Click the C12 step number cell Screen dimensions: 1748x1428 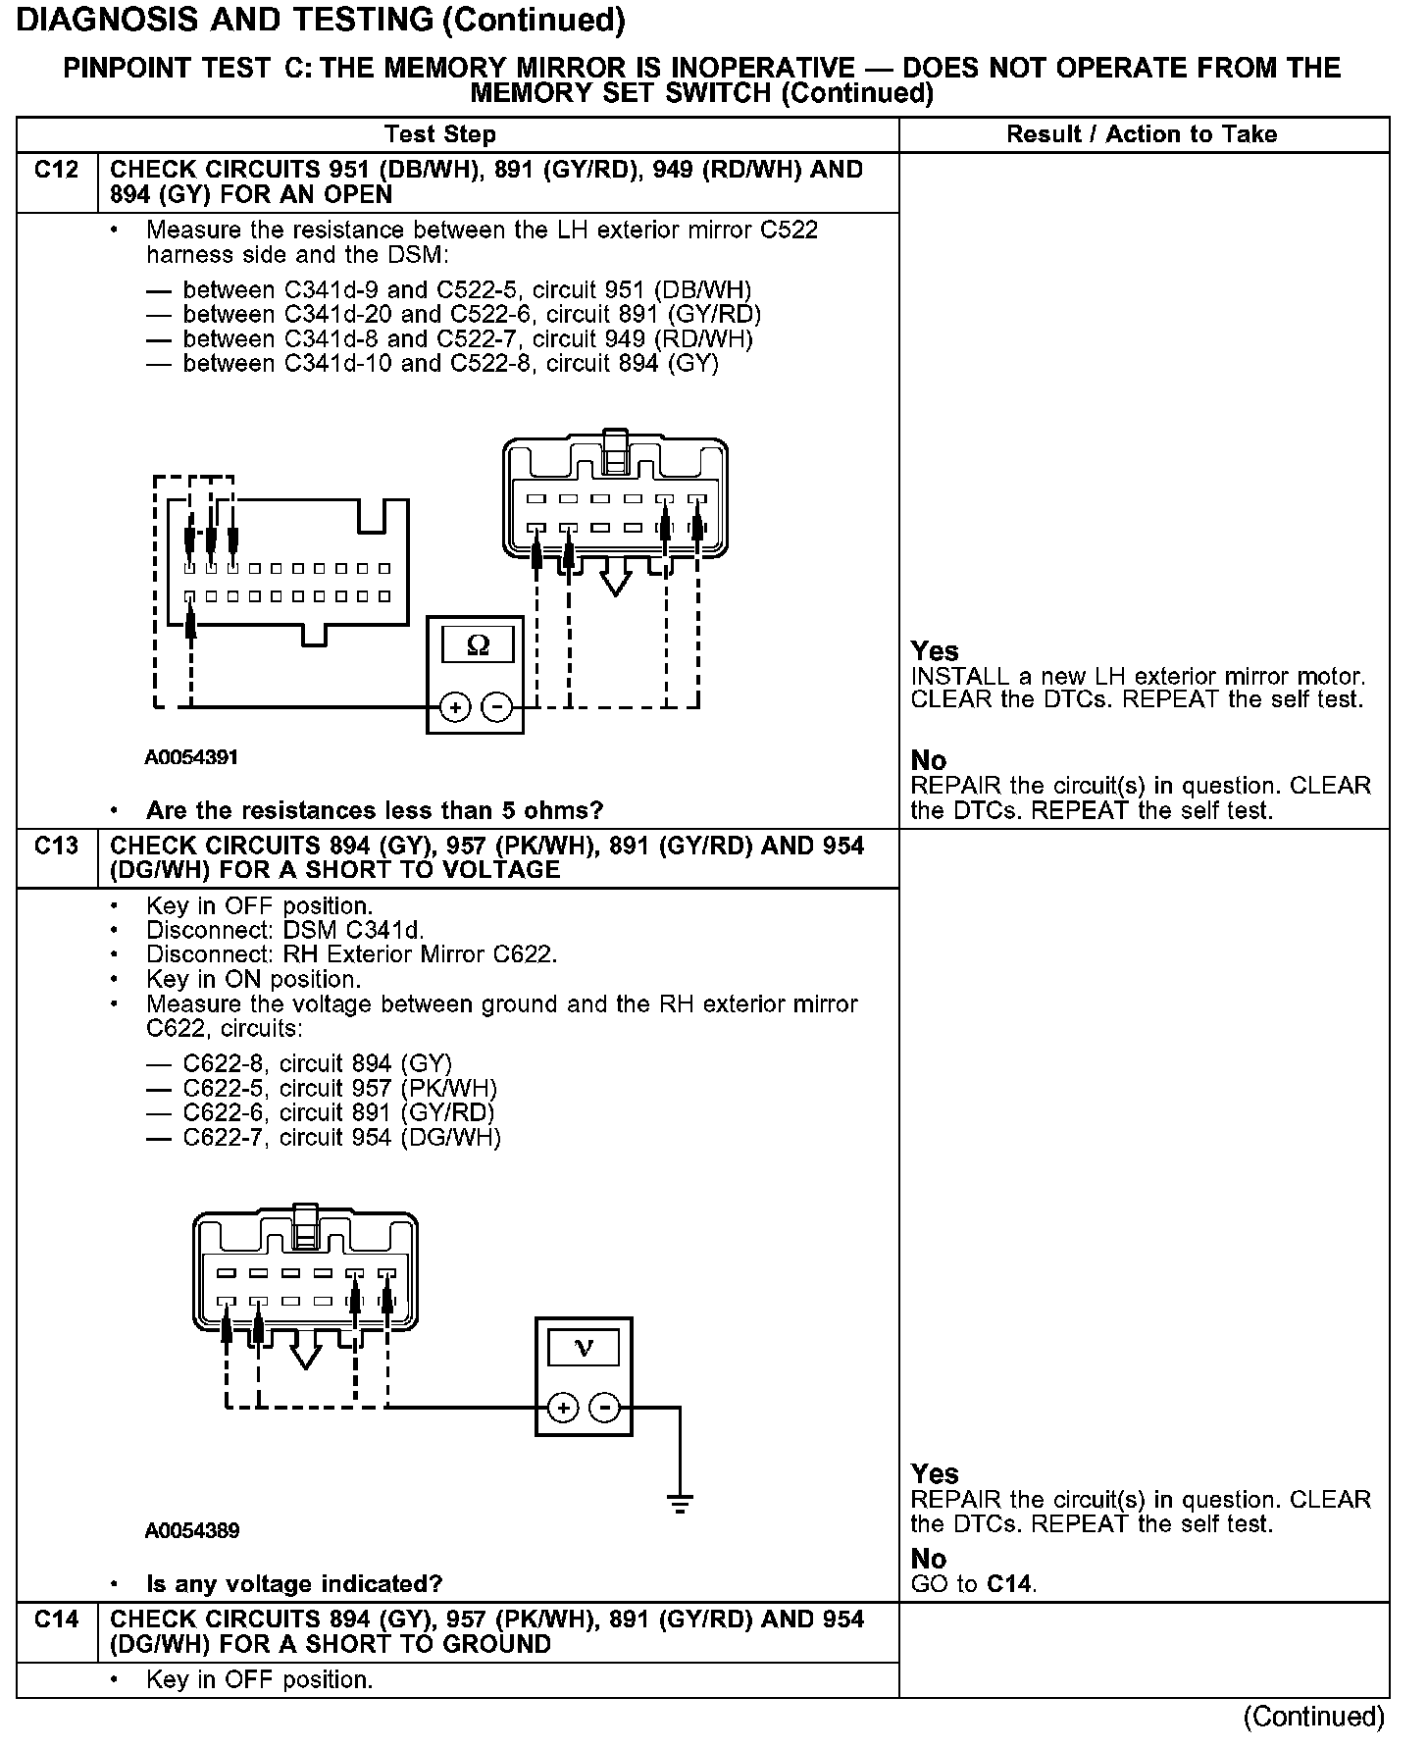pos(56,171)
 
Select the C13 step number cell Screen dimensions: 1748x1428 pos(56,847)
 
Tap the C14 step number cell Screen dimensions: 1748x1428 pos(56,1619)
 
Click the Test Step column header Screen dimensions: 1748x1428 pos(440,134)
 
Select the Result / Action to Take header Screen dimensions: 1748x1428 pos(1142,134)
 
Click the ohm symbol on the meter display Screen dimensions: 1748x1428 pos(478,644)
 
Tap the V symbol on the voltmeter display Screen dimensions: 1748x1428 pos(584,1347)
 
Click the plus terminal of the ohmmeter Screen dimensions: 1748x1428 pos(454,706)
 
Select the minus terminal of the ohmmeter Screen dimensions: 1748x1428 pos(498,706)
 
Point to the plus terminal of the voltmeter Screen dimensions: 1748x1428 pos(563,1409)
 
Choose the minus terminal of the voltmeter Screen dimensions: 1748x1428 pos(606,1409)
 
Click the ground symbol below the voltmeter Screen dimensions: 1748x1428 pos(679,1502)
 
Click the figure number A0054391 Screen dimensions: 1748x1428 pos(191,757)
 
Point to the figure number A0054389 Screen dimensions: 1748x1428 pos(191,1530)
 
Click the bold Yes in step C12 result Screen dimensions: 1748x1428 pos(934,651)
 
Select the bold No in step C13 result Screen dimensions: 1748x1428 pos(928,1559)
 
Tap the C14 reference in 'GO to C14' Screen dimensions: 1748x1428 pos(1010,1583)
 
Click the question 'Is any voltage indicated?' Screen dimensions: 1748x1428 pos(293,1583)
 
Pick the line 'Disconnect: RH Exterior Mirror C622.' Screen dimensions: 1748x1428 pos(351,954)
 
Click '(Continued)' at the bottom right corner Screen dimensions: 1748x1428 pos(1313,1717)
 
